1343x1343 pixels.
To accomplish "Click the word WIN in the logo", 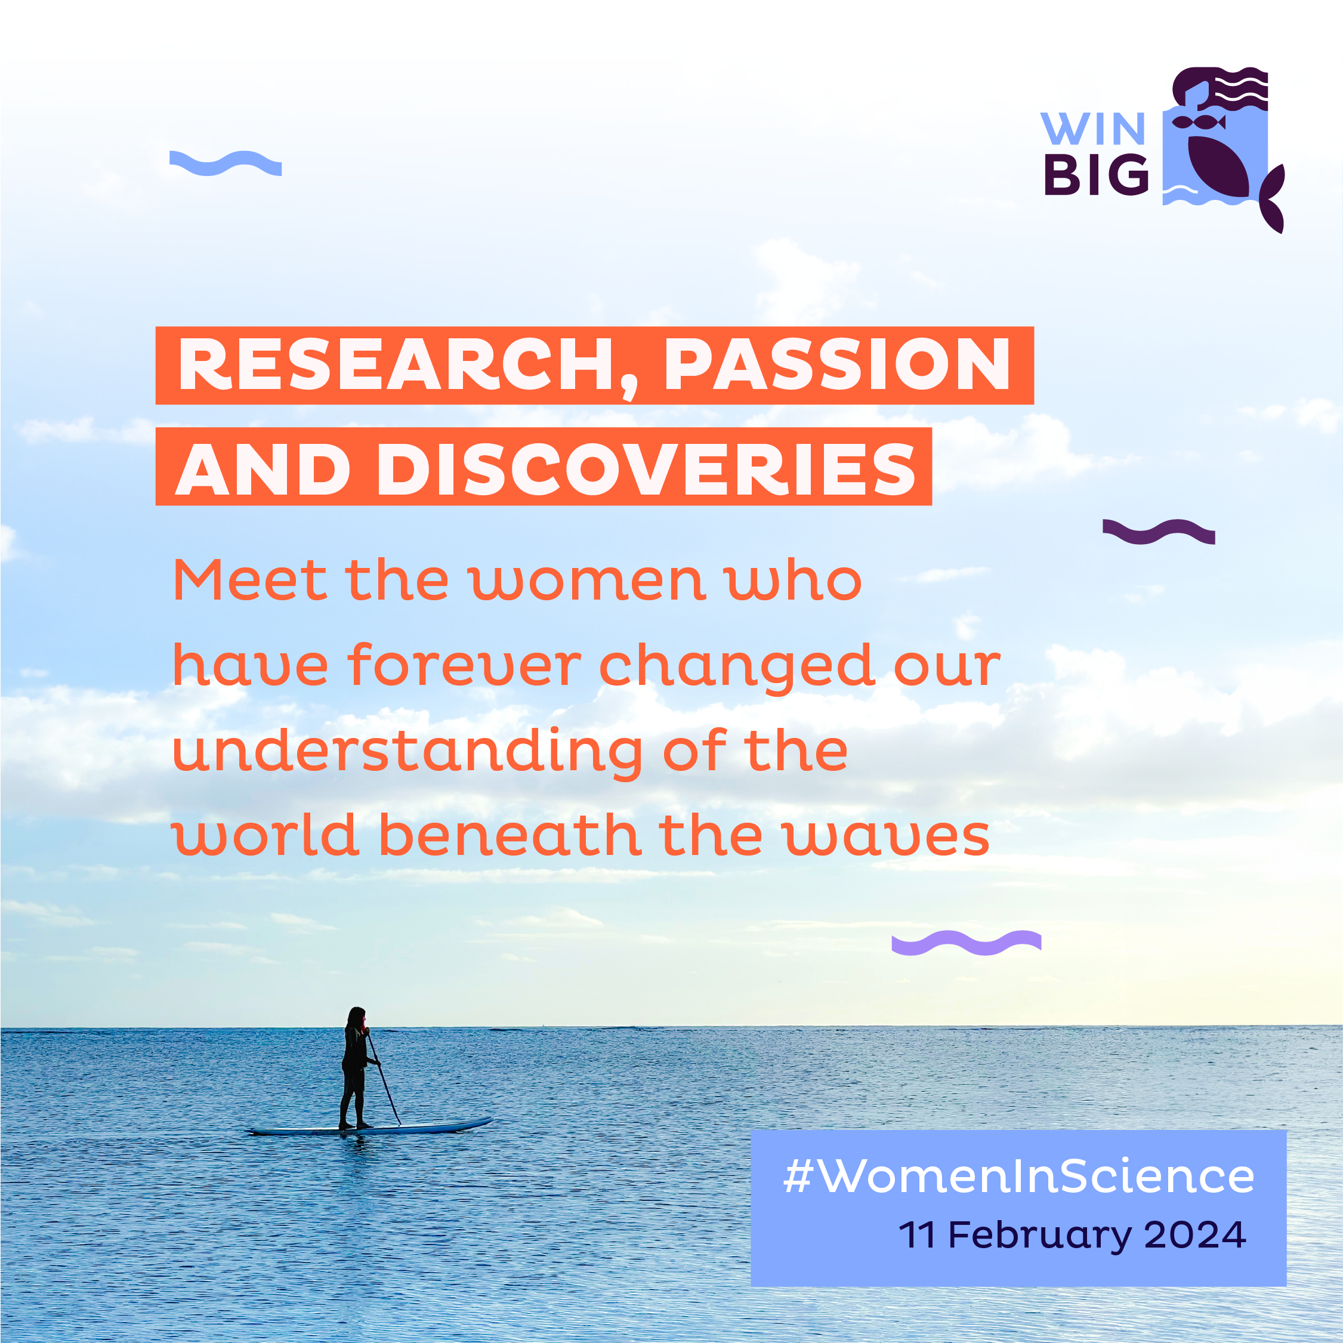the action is point(1093,129).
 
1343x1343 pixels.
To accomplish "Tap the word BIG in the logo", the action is point(1096,174).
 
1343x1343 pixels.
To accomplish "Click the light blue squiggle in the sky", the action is point(225,163).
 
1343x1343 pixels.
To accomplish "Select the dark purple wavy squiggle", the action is point(1159,532).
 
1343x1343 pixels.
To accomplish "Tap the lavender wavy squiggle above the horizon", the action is point(967,943).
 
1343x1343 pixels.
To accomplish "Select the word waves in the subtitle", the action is point(887,837).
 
